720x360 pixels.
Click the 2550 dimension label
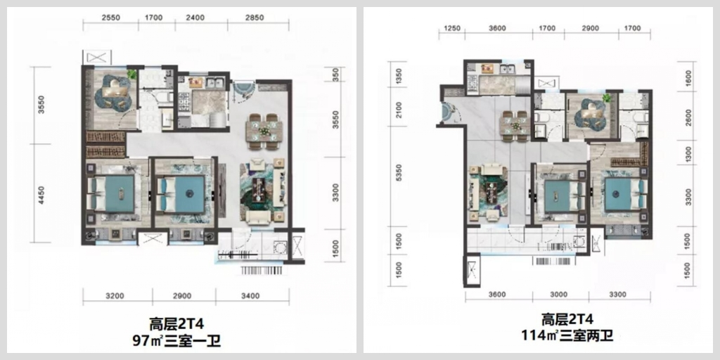111,18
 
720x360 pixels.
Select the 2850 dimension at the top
255,18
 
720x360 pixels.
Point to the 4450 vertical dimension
41,195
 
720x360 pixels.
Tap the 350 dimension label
335,75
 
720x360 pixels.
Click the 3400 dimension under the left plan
250,296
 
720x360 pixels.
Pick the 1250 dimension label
452,28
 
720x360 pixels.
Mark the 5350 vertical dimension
399,174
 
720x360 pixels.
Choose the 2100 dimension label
399,110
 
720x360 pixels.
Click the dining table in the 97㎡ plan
264,131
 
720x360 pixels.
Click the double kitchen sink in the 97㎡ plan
215,83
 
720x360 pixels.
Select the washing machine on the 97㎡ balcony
278,248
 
